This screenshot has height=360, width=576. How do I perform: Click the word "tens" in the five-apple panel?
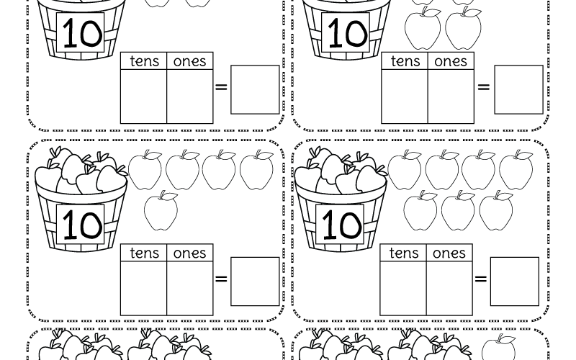tap(144, 253)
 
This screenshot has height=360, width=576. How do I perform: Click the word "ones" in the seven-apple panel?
tap(449, 253)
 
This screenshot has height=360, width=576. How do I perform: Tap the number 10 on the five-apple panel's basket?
tap(81, 225)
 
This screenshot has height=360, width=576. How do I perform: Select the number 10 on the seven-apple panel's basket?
tap(341, 225)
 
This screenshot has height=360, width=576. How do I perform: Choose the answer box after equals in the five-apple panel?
tap(255, 281)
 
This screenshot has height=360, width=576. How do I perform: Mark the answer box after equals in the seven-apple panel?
tap(514, 281)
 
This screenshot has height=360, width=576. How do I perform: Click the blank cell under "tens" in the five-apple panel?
tap(143, 287)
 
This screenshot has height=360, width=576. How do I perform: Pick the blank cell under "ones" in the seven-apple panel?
tap(449, 287)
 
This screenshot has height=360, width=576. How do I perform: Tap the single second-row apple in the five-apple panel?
tap(161, 210)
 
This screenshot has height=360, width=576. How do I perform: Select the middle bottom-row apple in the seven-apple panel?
tap(458, 210)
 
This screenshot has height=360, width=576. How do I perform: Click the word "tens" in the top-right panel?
tap(405, 61)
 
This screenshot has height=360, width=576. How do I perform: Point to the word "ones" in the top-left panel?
tap(190, 61)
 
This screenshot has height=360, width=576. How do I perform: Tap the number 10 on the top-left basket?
tap(81, 34)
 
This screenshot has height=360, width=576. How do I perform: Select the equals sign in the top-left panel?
tap(221, 88)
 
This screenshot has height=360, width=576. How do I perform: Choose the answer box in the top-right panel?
tap(518, 89)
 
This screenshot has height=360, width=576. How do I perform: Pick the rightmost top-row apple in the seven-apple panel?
tap(516, 170)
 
